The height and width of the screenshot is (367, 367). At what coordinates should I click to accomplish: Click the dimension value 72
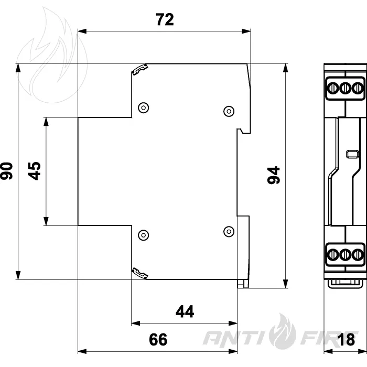point(165,20)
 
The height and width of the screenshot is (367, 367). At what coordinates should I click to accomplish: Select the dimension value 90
point(6,171)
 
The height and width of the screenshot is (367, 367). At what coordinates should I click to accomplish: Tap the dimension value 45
point(34,171)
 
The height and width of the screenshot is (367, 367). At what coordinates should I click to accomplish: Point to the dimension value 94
point(274,175)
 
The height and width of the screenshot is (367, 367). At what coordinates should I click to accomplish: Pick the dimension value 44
point(185,311)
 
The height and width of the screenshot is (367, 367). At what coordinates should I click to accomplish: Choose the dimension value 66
point(158,339)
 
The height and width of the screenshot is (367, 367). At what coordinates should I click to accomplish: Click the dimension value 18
point(347,339)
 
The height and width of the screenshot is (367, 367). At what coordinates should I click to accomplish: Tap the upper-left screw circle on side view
point(144,107)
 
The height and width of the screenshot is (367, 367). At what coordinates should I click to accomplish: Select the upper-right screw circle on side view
point(229,111)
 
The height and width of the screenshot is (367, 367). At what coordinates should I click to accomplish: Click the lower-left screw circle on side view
point(144,235)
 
